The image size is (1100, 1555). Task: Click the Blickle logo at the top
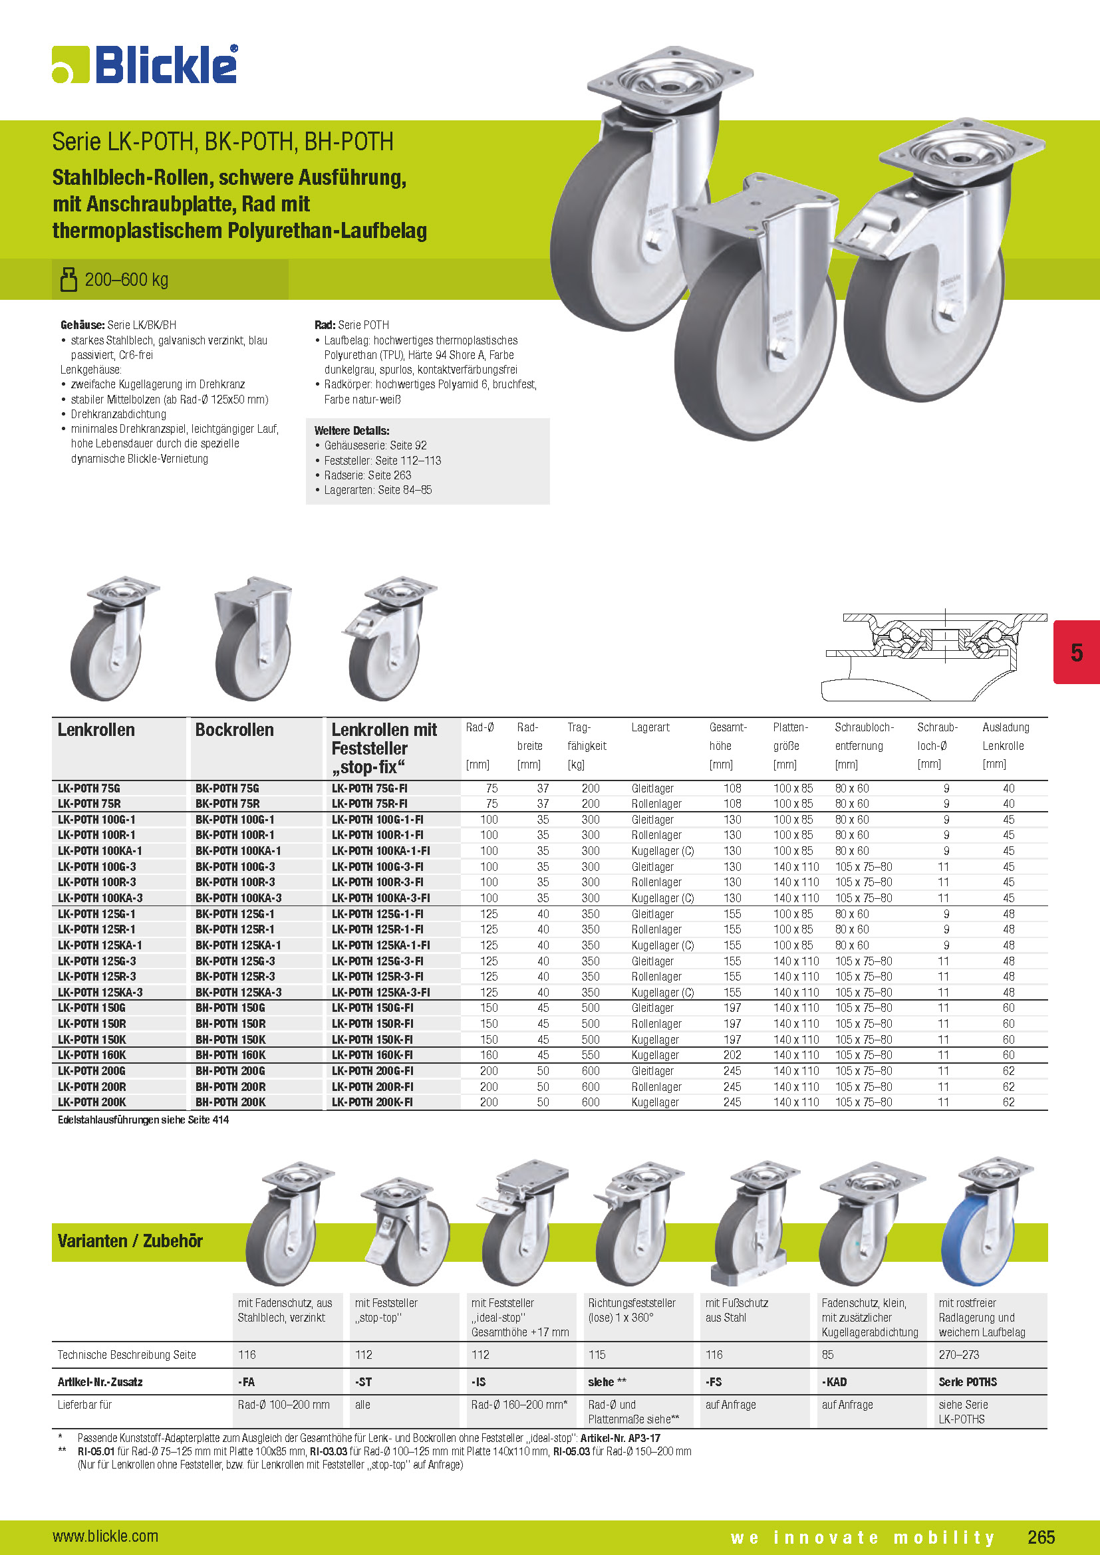145,65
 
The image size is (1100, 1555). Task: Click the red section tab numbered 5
1076,652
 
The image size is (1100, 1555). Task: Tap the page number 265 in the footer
1040,1536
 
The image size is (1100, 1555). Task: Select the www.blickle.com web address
105,1536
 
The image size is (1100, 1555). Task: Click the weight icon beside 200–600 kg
69,279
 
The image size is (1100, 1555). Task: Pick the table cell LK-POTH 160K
92,1055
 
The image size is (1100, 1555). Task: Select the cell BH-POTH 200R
230,1086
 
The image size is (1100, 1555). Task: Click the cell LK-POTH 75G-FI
369,788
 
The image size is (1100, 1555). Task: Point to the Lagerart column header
650,727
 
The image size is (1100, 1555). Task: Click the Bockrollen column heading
234,730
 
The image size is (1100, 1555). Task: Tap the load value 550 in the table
590,1055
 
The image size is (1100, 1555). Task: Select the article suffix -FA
246,1381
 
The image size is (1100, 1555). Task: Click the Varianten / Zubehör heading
130,1241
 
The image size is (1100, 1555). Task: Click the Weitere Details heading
352,431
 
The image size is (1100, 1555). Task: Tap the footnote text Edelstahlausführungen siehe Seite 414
144,1120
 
